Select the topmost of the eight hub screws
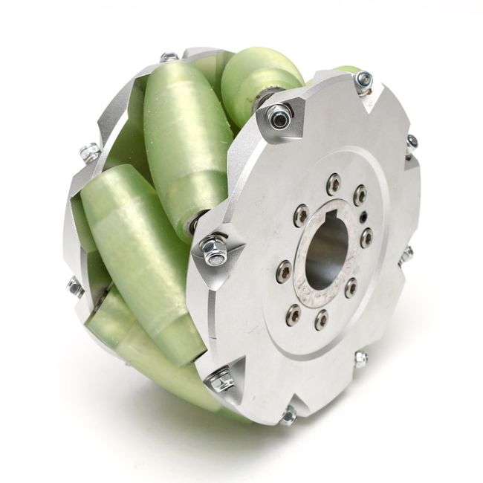pos(334,181)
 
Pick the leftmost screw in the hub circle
pos(283,272)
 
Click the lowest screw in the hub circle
pos(321,320)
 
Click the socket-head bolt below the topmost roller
pos(278,117)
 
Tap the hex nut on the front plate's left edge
pos(214,250)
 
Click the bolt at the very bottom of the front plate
pos(287,417)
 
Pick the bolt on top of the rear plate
pos(169,56)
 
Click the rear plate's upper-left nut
pos(89,152)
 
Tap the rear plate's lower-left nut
pos(75,285)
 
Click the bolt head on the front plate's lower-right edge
pos(360,360)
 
